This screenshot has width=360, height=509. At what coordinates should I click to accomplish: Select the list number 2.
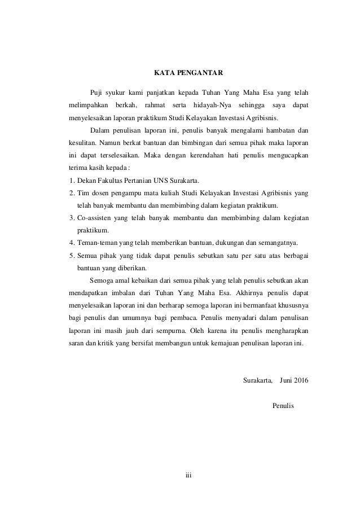(64, 193)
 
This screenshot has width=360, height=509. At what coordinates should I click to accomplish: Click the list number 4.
(64, 243)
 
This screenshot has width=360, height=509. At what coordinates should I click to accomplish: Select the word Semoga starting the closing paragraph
(102, 280)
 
